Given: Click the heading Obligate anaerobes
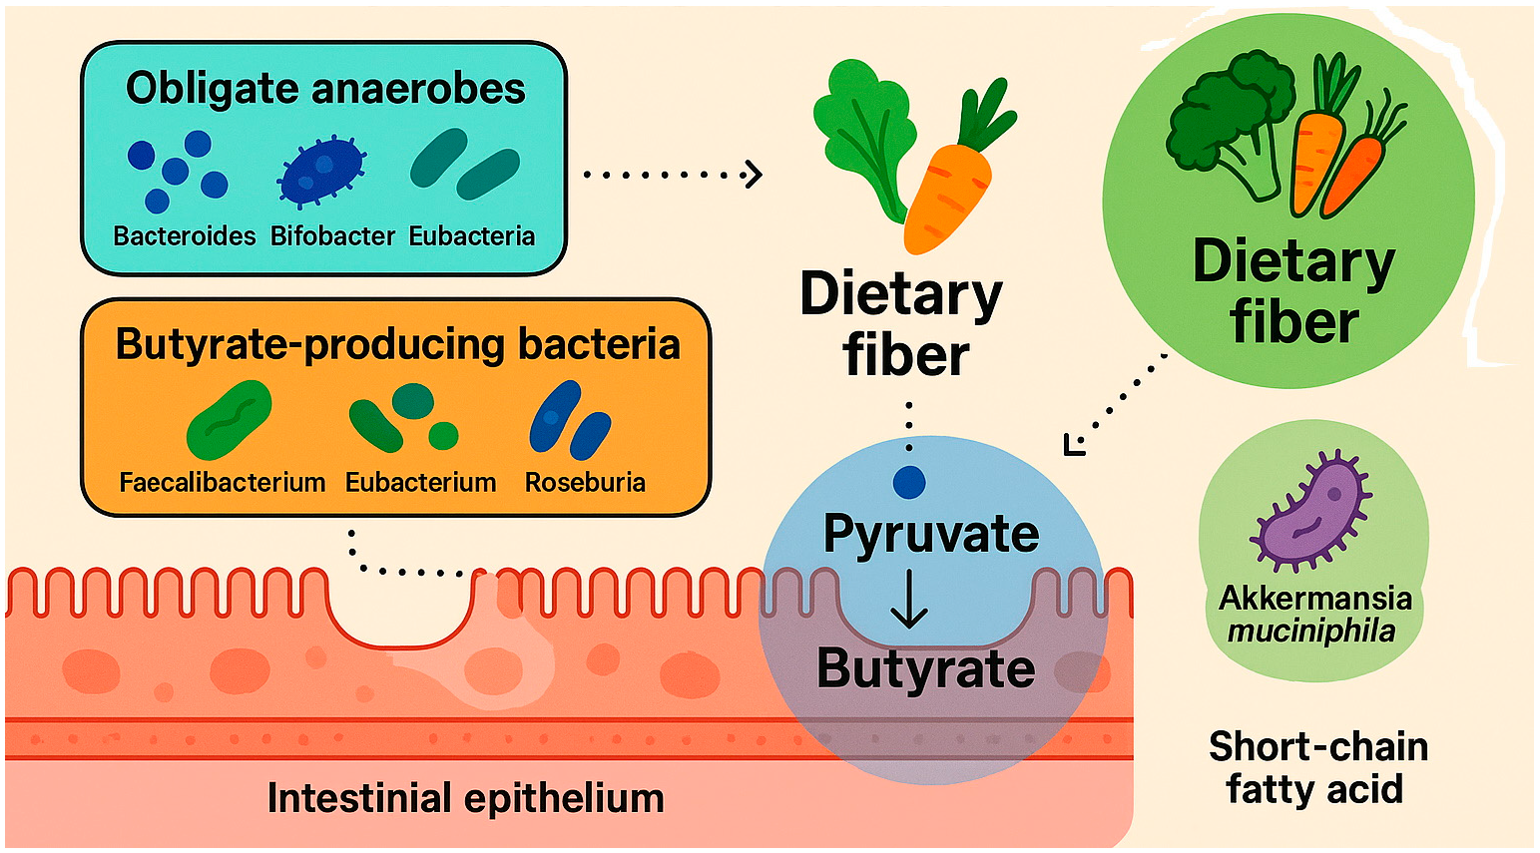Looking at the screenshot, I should pyautogui.click(x=325, y=88).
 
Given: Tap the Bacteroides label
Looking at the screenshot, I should pyautogui.click(x=185, y=236).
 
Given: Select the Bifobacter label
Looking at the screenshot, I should pyautogui.click(x=333, y=236).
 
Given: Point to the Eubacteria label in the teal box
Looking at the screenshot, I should pyautogui.click(x=472, y=236).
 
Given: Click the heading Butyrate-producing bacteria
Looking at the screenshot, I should pyautogui.click(x=397, y=344).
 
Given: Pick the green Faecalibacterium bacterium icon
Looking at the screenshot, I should pyautogui.click(x=230, y=420).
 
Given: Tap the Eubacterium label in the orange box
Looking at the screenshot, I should pyautogui.click(x=420, y=483).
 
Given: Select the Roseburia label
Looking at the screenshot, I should pyautogui.click(x=585, y=483).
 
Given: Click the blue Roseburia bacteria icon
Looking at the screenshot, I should pyautogui.click(x=569, y=420).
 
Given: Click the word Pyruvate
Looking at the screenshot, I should pyautogui.click(x=930, y=535).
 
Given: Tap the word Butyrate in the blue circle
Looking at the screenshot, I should pyautogui.click(x=925, y=668).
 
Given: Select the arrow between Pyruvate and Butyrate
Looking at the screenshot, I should pyautogui.click(x=908, y=601).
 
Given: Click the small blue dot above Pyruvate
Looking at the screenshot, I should pyautogui.click(x=909, y=482).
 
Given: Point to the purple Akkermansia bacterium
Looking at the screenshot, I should pyautogui.click(x=1310, y=509).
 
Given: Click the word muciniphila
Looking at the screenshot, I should pyautogui.click(x=1310, y=632).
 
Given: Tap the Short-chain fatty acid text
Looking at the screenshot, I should pyautogui.click(x=1316, y=767).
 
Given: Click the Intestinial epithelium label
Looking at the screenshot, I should pyautogui.click(x=465, y=799).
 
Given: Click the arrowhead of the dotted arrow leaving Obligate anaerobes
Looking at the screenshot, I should pyautogui.click(x=755, y=175).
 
